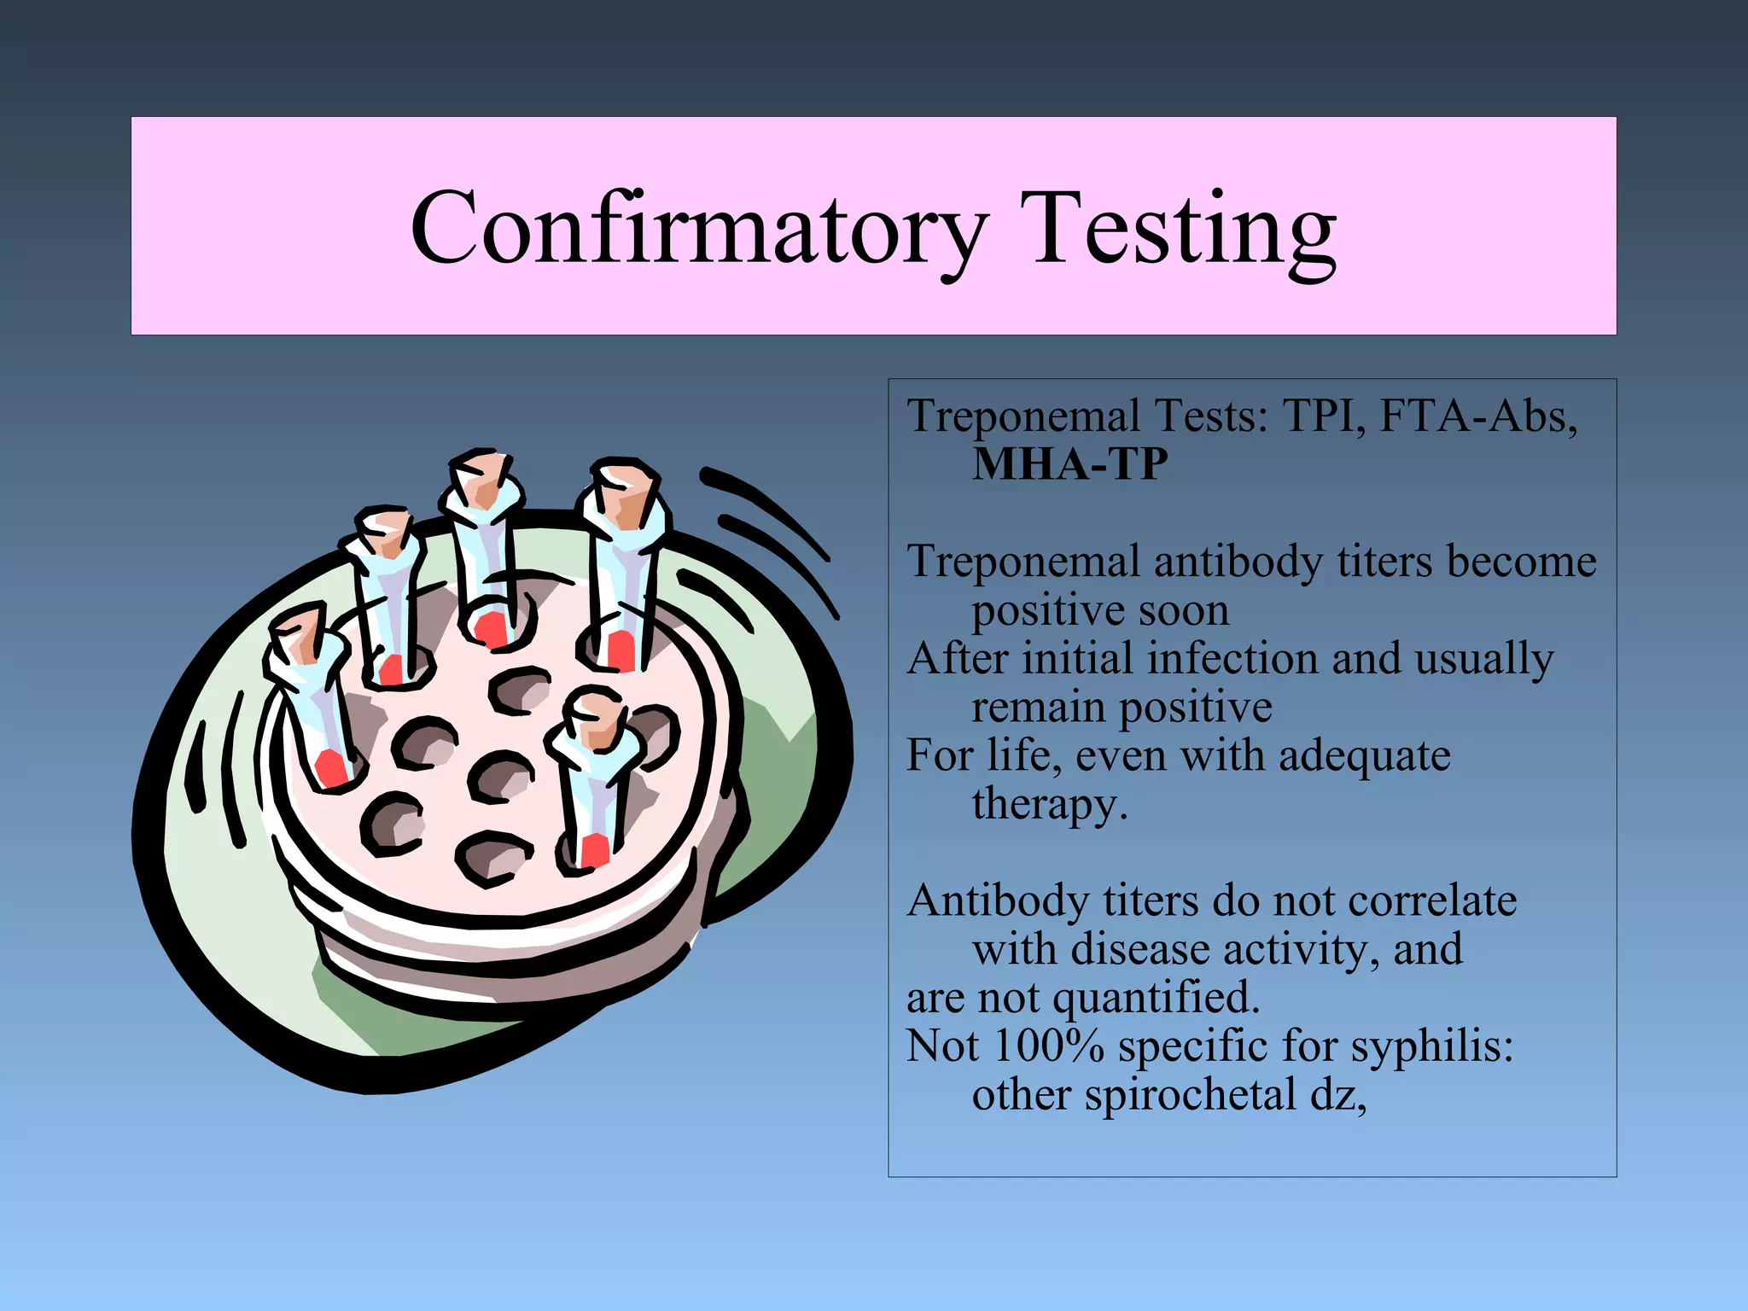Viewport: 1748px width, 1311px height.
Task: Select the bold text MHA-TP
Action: pyautogui.click(x=1069, y=464)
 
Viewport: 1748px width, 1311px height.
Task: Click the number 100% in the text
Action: pyautogui.click(x=1049, y=1046)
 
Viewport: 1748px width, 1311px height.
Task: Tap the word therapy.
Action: pyautogui.click(x=1049, y=805)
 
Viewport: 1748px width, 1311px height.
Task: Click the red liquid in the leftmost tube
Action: pyautogui.click(x=331, y=767)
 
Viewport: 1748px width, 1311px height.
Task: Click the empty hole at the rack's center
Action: pyautogui.click(x=501, y=776)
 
